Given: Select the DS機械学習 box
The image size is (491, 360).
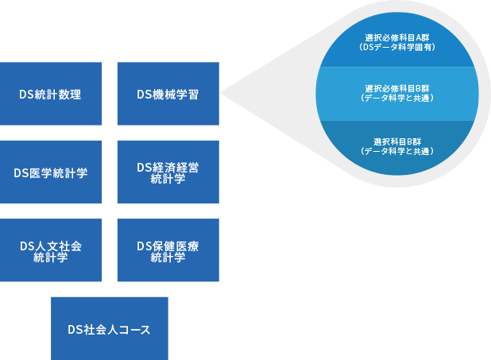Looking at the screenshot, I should click(168, 94).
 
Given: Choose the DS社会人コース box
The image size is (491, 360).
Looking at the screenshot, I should click(109, 329).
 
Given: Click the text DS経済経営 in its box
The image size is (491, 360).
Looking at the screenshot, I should click(168, 167).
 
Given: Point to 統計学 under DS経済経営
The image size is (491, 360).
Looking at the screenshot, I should click(168, 180).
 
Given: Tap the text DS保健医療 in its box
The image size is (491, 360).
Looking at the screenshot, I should click(168, 245).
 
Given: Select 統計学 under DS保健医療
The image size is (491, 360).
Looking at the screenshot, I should click(168, 257).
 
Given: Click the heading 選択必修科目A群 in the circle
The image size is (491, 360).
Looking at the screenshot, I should click(396, 37).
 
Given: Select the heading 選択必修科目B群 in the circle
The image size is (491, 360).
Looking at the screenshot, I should click(396, 87).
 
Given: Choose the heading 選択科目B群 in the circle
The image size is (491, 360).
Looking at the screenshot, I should click(396, 141).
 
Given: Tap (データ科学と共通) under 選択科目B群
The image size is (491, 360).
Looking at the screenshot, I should click(396, 150).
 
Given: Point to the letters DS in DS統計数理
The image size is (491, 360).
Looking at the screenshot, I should click(25, 94).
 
